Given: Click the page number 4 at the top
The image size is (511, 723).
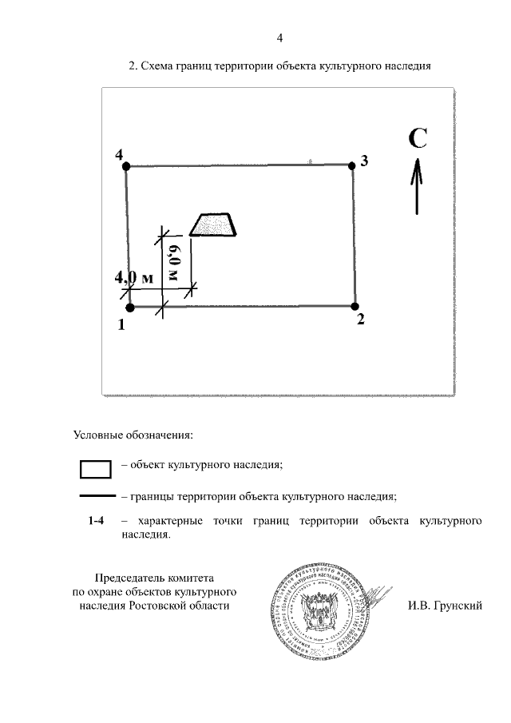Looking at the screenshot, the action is (x=279, y=38).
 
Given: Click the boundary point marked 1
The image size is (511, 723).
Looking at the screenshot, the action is (x=129, y=306).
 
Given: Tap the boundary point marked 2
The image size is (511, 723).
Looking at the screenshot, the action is (x=355, y=304).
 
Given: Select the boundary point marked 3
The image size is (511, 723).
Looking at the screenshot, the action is (x=352, y=165).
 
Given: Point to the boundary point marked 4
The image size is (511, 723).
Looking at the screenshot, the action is (x=127, y=166).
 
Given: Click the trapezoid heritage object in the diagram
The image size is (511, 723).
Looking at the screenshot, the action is (x=213, y=224).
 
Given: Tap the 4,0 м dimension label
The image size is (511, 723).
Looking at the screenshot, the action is (x=133, y=278).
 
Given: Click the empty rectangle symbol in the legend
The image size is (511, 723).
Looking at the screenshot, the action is (x=95, y=468).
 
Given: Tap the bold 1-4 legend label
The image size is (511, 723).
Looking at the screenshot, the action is (x=96, y=522).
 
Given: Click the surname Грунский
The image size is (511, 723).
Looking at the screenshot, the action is (x=457, y=606).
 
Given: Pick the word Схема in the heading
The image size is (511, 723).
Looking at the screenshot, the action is (x=157, y=67).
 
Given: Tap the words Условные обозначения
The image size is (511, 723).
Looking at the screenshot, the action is (x=133, y=435).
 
